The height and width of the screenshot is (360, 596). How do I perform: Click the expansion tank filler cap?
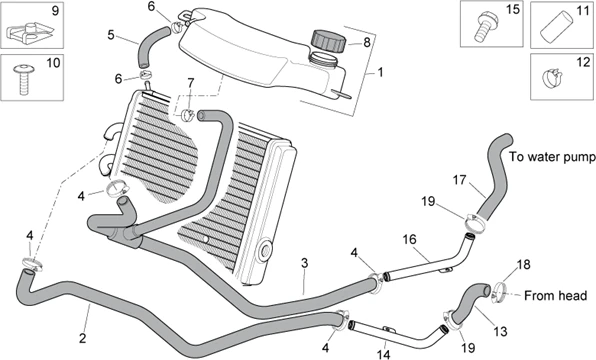tap(329, 41)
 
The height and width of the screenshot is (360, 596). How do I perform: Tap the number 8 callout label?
tap(367, 42)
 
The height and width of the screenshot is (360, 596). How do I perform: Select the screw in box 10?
tap(24, 79)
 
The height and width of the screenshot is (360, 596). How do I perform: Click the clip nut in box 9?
tap(28, 32)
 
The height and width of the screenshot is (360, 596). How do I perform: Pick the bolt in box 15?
tap(484, 26)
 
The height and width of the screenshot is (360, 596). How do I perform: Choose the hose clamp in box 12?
tap(552, 77)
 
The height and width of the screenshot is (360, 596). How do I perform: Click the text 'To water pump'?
tap(552, 157)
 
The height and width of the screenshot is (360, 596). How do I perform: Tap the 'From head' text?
tap(555, 295)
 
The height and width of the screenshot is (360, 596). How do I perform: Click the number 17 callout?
tap(459, 179)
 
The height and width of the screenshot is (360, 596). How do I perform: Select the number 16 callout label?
tap(409, 239)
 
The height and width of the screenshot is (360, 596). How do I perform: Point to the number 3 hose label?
tap(304, 263)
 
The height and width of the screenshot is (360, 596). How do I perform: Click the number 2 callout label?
tap(82, 338)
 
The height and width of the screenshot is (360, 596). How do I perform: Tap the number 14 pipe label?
tap(384, 354)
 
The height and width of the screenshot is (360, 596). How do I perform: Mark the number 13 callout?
tap(500, 331)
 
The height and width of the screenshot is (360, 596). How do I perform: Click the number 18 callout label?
tap(523, 265)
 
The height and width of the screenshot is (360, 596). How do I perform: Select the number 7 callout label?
tap(191, 82)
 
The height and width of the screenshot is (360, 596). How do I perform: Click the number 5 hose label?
tap(111, 35)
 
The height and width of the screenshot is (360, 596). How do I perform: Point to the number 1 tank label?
tap(380, 72)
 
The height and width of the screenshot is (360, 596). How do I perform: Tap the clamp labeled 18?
tap(499, 292)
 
